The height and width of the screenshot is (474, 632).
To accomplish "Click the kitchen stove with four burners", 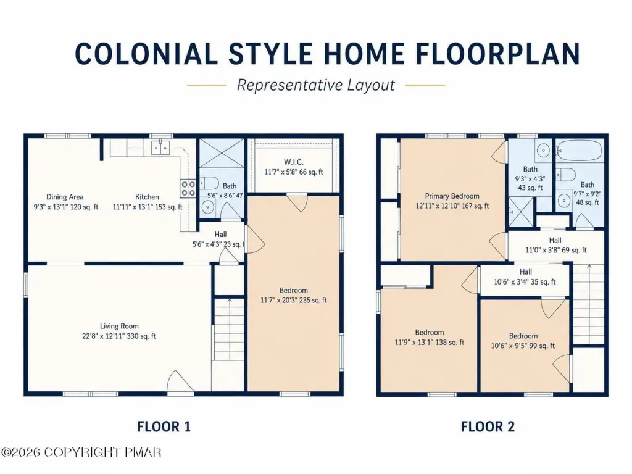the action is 188,188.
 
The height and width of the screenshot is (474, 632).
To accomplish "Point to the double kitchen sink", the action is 161,148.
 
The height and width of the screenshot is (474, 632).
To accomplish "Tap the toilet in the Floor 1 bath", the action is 209,183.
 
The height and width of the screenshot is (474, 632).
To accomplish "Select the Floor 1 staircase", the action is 228,330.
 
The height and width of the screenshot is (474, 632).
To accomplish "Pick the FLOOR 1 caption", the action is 164,426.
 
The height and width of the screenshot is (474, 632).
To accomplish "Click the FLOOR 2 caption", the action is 488,426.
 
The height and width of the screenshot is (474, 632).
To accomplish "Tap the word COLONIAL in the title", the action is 146,54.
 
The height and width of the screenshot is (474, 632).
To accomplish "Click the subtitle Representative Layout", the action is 315,85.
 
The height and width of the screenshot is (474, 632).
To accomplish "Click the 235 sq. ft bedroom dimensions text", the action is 293,300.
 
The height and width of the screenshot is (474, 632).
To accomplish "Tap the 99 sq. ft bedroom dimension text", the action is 523,346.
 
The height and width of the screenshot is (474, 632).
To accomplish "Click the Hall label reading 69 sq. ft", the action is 556,245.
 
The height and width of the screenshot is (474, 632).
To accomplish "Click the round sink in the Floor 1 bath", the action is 207,207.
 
